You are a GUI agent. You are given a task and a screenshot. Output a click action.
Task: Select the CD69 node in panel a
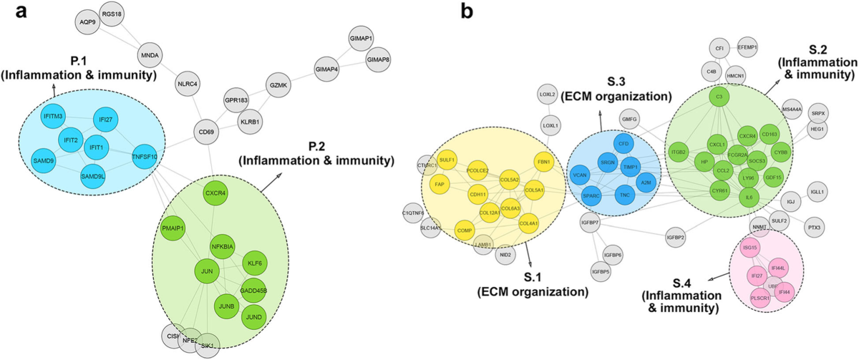click(207, 132)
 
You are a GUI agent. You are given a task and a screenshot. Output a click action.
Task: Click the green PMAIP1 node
click(175, 228)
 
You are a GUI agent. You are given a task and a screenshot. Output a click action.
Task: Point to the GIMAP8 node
click(379, 59)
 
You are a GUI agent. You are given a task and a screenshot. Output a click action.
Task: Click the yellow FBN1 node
click(544, 162)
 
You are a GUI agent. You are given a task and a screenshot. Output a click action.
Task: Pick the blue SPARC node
click(591, 195)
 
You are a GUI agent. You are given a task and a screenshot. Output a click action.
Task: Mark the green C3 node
click(719, 97)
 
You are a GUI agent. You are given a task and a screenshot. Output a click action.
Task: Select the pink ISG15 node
click(750, 248)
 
